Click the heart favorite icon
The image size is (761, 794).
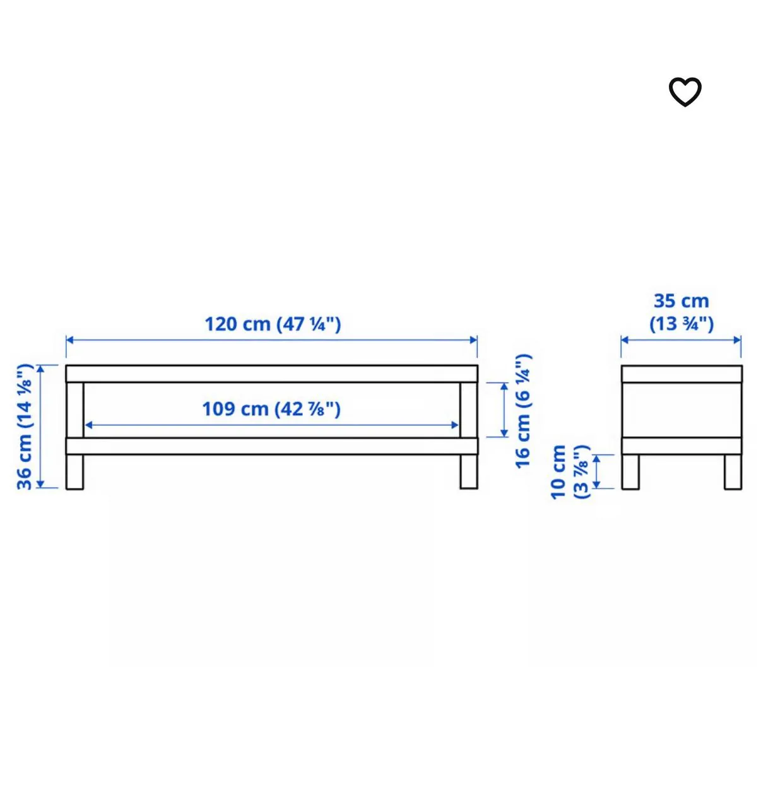tap(685, 92)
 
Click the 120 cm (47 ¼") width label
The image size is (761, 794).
tap(273, 324)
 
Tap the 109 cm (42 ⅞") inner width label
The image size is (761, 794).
tap(271, 409)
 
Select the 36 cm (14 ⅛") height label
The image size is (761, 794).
tap(25, 427)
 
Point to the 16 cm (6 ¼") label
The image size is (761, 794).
tap(523, 412)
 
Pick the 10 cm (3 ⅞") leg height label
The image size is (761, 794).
tap(570, 472)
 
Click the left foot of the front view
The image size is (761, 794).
tap(74, 471)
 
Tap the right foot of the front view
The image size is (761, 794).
tap(469, 471)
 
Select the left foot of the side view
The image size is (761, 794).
tap(630, 472)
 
